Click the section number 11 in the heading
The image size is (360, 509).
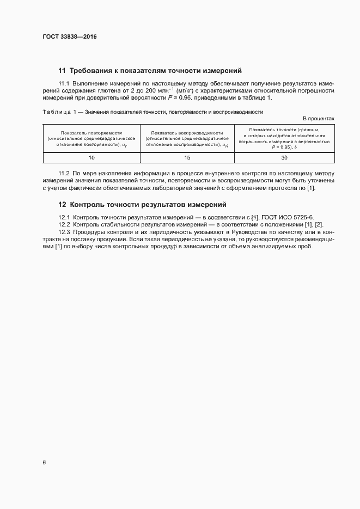[x=62, y=70]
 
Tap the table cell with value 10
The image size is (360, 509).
[x=91, y=157]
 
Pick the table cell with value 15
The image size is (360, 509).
[x=187, y=157]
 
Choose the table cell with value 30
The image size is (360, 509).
[x=284, y=157]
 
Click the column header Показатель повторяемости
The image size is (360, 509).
[x=91, y=133]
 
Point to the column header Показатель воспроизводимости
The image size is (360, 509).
[x=187, y=133]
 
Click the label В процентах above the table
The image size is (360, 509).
[x=318, y=118]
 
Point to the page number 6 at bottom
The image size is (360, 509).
[x=44, y=462]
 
